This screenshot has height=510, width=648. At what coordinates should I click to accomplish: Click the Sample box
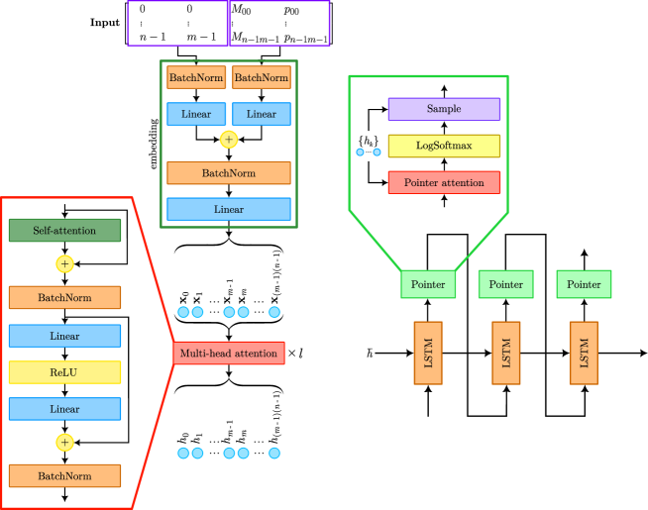[x=444, y=109]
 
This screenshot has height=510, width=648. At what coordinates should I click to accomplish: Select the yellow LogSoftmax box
[x=444, y=146]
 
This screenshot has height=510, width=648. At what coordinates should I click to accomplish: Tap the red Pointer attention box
[x=444, y=182]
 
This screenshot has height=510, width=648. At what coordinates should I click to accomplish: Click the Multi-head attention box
[x=229, y=354]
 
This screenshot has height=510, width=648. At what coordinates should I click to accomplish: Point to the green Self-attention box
[x=64, y=231]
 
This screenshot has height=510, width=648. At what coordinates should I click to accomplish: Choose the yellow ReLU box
[x=64, y=372]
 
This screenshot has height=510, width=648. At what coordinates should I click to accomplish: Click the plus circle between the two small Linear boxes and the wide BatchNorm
[x=229, y=140]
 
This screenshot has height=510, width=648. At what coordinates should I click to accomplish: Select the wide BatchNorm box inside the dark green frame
[x=229, y=173]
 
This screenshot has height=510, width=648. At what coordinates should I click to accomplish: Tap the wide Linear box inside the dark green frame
[x=229, y=209]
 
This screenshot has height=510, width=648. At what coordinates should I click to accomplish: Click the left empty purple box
[x=178, y=23]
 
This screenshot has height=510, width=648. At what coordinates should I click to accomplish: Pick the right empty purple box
[x=279, y=23]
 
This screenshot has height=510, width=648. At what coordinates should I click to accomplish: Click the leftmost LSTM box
[x=428, y=353]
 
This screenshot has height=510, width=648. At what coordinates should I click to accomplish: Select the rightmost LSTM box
[x=584, y=353]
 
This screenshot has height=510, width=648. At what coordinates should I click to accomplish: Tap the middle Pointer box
[x=505, y=284]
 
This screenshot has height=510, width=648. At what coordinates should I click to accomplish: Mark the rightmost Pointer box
[x=584, y=284]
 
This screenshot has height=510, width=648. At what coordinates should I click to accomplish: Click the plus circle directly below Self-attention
[x=64, y=264]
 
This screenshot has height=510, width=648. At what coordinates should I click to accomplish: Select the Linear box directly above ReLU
[x=64, y=336]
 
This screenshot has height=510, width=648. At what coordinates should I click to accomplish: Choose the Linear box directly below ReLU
[x=64, y=409]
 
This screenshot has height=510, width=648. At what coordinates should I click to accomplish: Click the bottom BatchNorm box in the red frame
[x=64, y=475]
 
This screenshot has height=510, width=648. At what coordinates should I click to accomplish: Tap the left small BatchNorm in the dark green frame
[x=196, y=77]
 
